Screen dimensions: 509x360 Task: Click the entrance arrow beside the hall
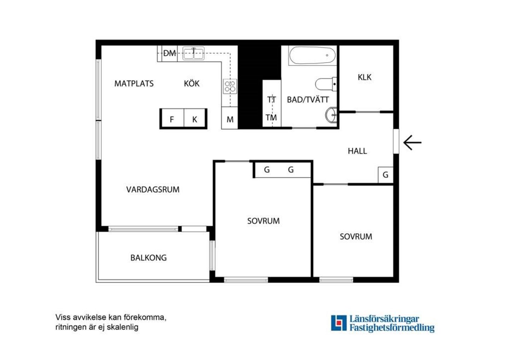[x=412, y=143]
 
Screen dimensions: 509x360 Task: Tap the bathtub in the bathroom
[x=312, y=56]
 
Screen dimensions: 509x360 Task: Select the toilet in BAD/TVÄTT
[x=326, y=84]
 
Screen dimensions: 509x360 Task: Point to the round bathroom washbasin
[x=331, y=115]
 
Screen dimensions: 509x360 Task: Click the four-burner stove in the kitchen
[x=230, y=86]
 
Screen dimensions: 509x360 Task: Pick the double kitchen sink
[x=194, y=53]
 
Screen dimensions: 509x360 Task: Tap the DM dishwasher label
[x=170, y=53]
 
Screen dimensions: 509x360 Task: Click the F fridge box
[x=172, y=118]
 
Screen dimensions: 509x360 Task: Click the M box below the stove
[x=230, y=118]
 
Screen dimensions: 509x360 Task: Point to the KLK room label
[x=364, y=77]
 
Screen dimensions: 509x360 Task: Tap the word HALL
[x=357, y=151]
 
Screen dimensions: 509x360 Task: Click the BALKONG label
[x=148, y=258]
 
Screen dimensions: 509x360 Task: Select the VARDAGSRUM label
[x=153, y=189]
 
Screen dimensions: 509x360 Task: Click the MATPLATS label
[x=134, y=83]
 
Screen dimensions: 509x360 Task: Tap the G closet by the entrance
[x=385, y=175]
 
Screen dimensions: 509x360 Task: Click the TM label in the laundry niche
[x=271, y=117]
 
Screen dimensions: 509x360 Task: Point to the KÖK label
[x=192, y=83]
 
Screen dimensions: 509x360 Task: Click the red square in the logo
[x=339, y=323]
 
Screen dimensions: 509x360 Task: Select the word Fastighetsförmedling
[x=392, y=328]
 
